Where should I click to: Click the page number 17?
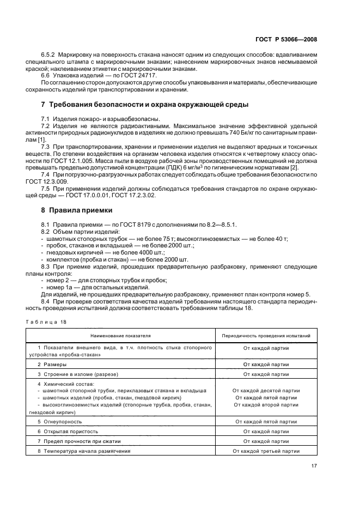pyautogui.click(x=314, y=465)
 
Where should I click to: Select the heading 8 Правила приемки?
pyautogui.click(x=81, y=209)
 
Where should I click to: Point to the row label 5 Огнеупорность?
pyautogui.click(x=60, y=421)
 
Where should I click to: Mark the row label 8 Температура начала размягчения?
pyautogui.click(x=84, y=451)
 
